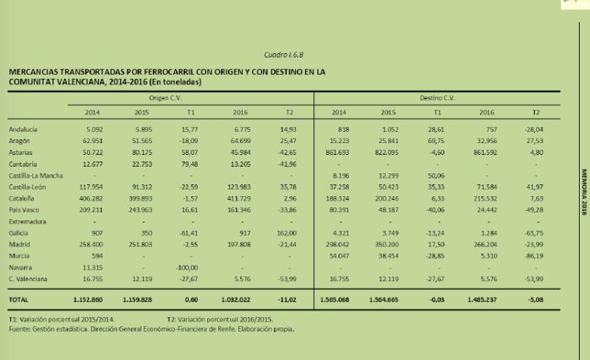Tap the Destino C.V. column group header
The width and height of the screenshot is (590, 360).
(x=437, y=97)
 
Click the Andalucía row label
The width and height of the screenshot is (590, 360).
(x=24, y=128)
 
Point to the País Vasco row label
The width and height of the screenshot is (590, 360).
(x=24, y=210)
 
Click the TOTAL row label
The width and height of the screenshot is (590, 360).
(x=19, y=301)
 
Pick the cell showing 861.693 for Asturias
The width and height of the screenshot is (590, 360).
(x=340, y=151)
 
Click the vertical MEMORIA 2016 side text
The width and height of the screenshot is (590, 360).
(x=582, y=184)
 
